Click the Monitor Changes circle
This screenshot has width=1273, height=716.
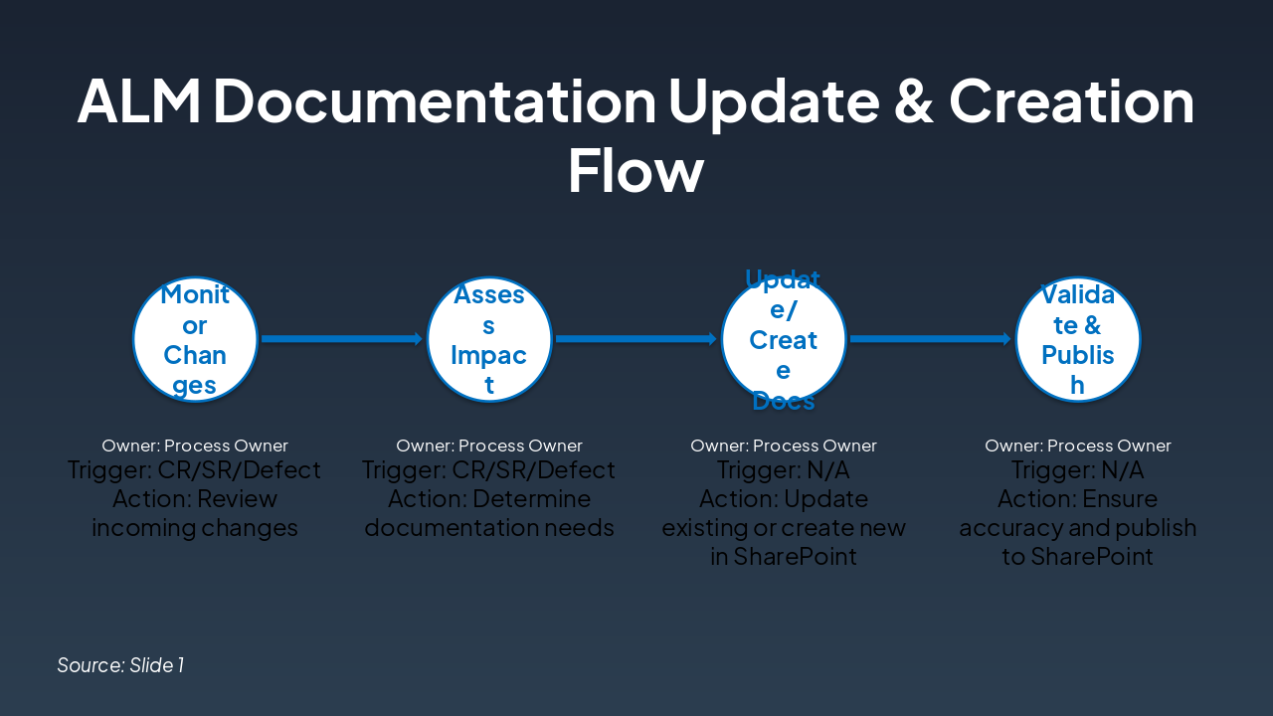tap(195, 339)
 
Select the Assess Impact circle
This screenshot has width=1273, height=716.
tap(489, 339)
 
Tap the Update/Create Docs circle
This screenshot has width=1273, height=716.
tap(784, 339)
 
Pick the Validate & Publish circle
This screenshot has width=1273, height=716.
tap(1078, 339)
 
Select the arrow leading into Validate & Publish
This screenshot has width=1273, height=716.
tap(930, 339)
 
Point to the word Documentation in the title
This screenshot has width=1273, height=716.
tap(435, 100)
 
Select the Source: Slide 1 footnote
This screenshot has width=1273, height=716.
tap(120, 664)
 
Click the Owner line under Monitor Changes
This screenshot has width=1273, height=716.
tap(195, 446)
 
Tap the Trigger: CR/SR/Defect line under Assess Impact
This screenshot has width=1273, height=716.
tap(489, 469)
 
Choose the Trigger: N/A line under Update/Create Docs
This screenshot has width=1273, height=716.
tap(784, 469)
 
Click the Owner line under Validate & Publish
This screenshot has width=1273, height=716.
tap(1078, 446)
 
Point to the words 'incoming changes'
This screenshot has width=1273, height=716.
tap(195, 527)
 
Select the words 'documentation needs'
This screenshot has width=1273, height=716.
tap(489, 527)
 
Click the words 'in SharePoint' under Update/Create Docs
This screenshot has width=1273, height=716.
tap(784, 556)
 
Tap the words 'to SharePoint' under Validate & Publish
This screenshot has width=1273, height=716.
tap(1078, 556)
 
